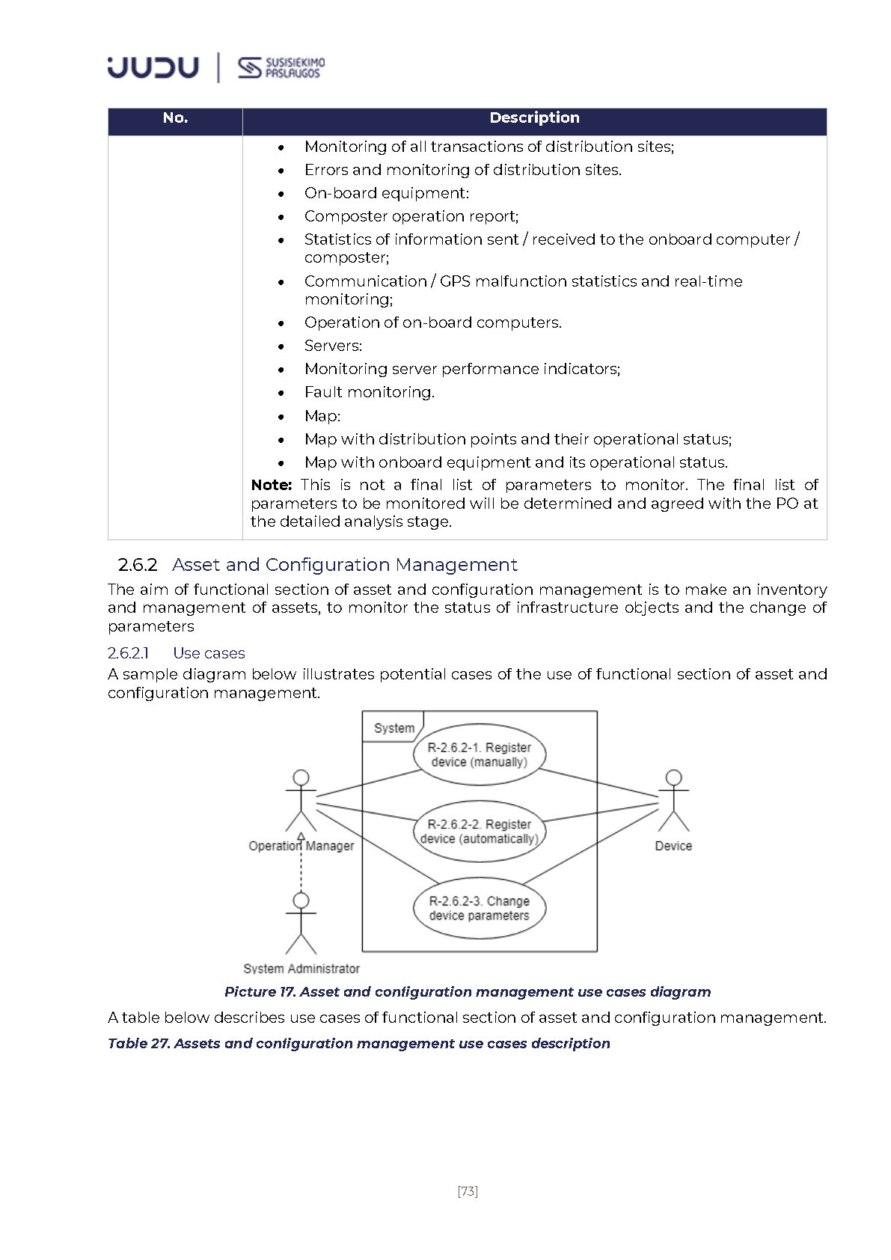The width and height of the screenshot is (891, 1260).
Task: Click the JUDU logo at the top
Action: [153, 67]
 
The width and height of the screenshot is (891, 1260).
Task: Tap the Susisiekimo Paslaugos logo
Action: [281, 67]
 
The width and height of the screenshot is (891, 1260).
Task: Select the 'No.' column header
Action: [175, 118]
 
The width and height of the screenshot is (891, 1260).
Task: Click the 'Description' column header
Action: [534, 118]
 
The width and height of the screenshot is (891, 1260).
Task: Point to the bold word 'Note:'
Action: [271, 485]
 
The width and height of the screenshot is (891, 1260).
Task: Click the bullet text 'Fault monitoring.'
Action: [369, 392]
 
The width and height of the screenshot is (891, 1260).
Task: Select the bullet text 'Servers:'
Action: [333, 346]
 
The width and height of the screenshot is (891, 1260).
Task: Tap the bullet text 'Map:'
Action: [322, 416]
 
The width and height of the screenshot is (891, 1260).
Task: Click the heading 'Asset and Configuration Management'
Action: [344, 565]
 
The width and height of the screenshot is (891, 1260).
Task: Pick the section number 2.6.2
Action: [138, 565]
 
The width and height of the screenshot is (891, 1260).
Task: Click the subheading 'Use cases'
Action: [209, 653]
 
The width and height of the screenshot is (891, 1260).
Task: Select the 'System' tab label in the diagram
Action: [394, 728]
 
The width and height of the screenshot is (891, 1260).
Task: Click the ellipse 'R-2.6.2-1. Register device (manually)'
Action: [479, 754]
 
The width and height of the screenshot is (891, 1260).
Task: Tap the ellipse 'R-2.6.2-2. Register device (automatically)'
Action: [479, 831]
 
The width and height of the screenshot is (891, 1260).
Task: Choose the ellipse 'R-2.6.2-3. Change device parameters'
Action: [479, 908]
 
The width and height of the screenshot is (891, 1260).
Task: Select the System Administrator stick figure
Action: [301, 924]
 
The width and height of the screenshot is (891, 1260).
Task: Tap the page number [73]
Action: [468, 1191]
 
